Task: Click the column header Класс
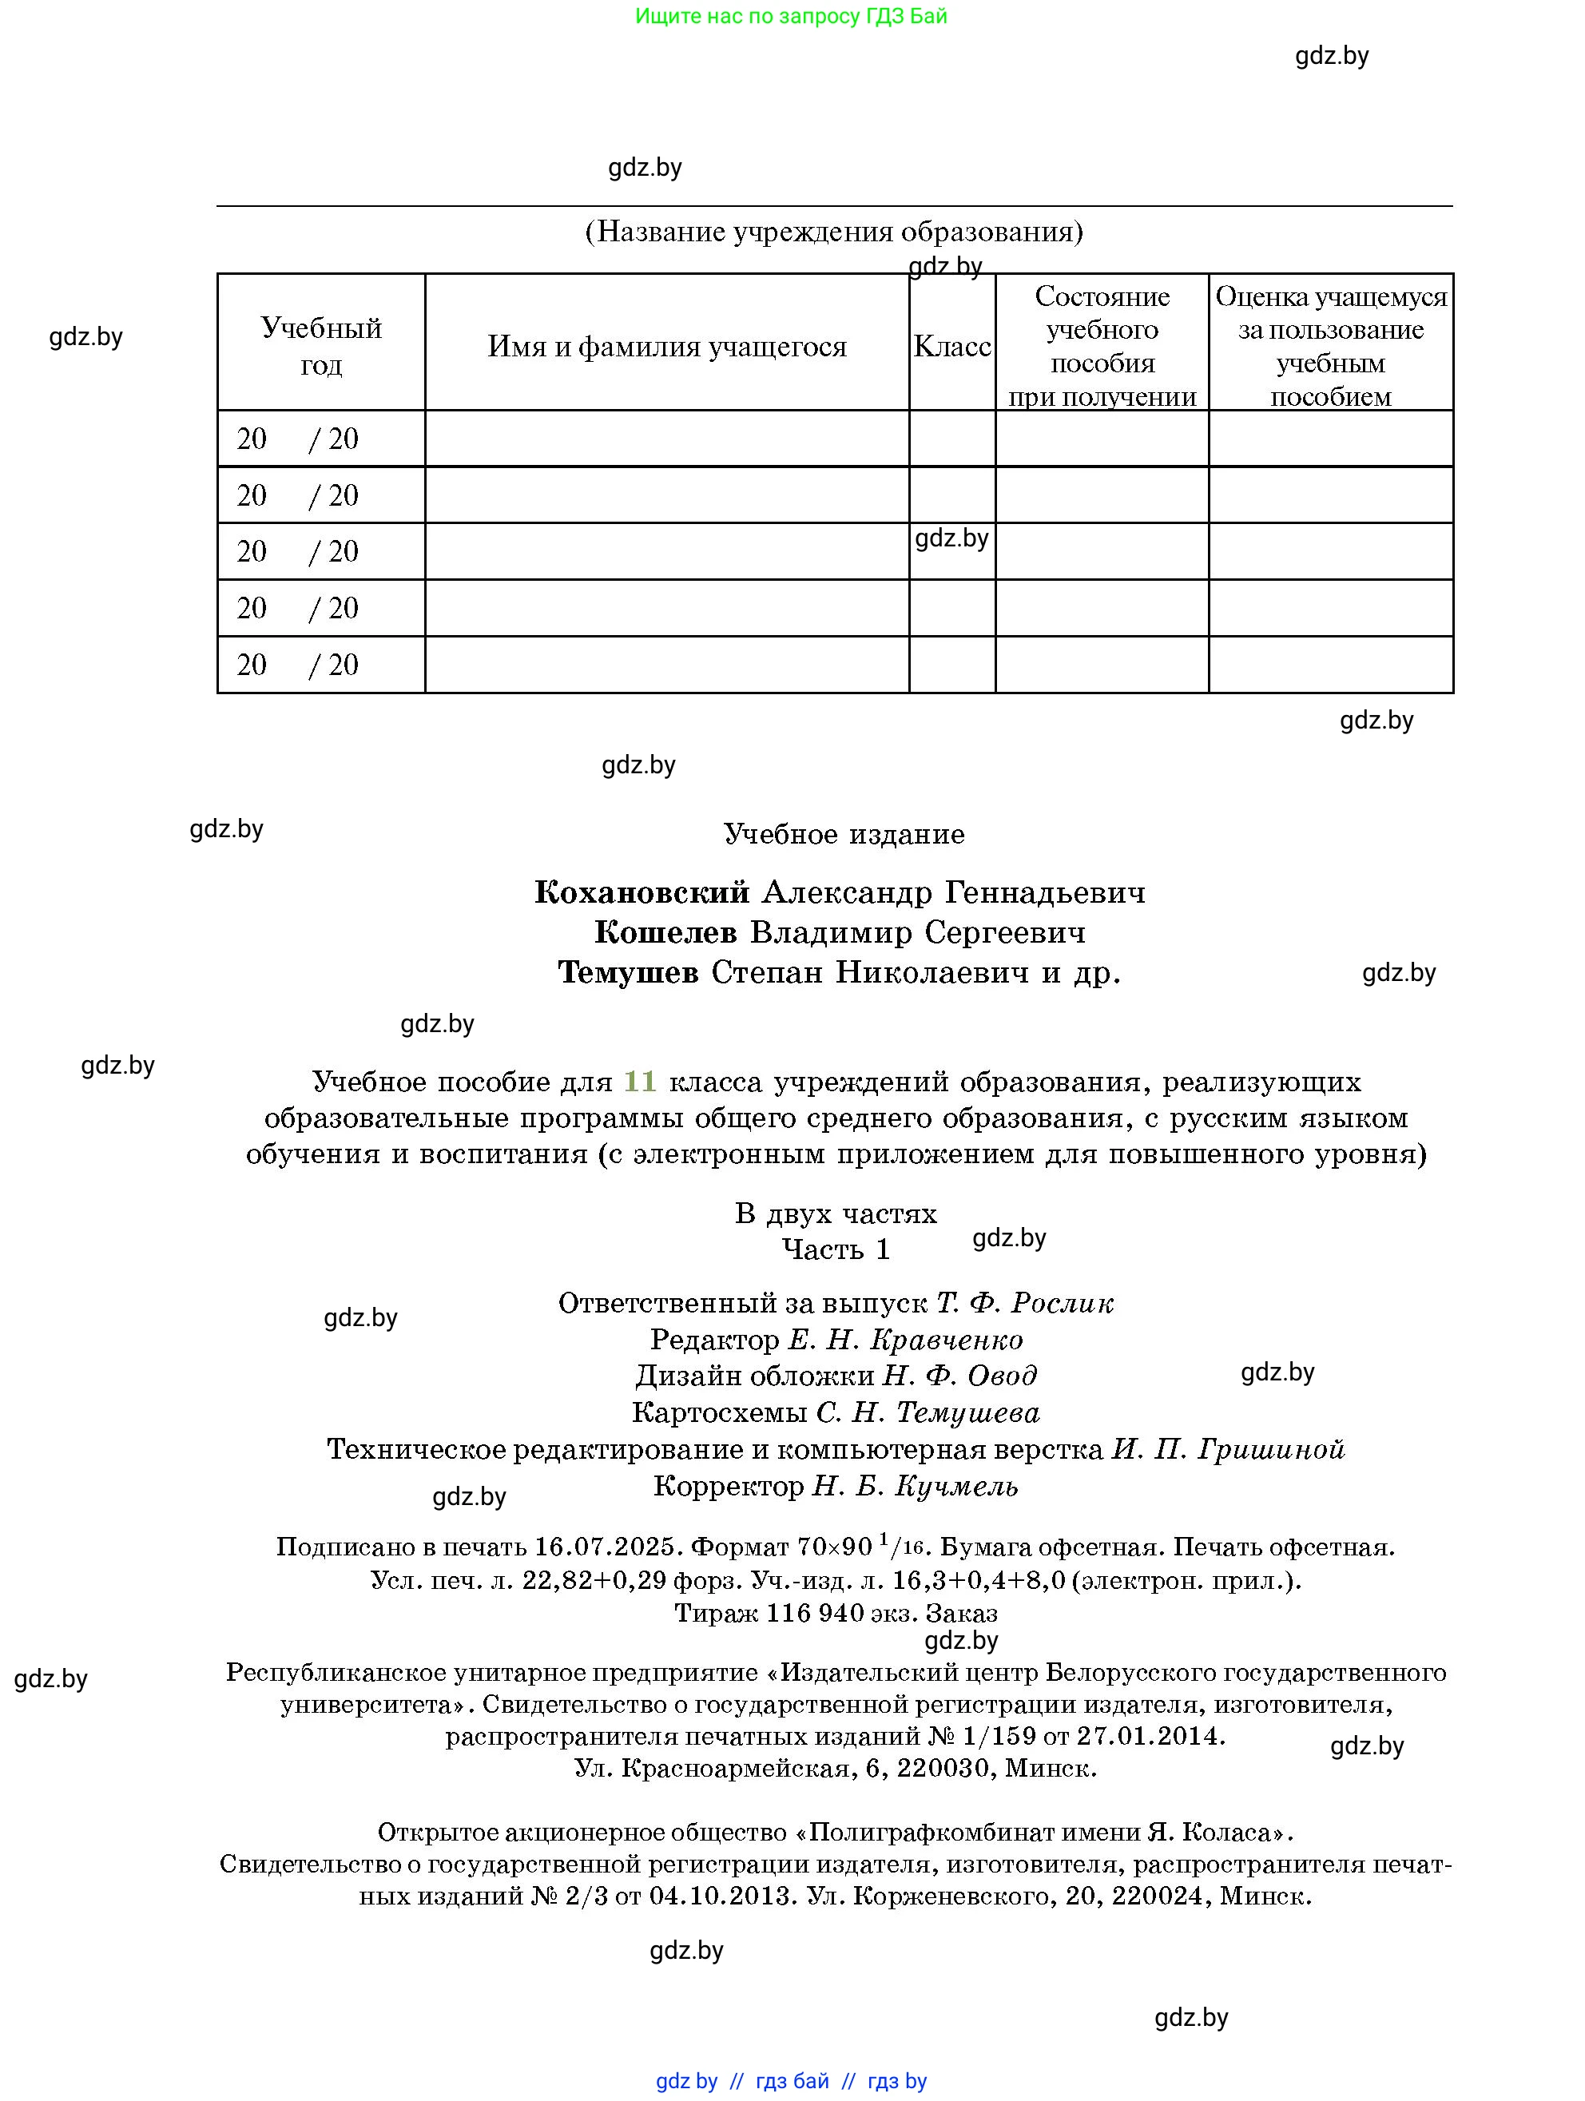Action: [951, 347]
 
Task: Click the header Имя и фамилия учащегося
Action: [666, 347]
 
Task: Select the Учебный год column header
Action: [321, 347]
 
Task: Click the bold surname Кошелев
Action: [665, 933]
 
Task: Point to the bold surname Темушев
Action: [628, 973]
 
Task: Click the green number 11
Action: [640, 1081]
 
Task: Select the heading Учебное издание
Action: [844, 834]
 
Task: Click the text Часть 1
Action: [836, 1249]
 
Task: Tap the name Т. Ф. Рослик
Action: [1025, 1303]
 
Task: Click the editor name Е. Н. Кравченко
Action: [905, 1340]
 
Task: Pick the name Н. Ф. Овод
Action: [960, 1376]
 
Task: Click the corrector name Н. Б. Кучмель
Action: [915, 1486]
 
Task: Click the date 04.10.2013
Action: [721, 1896]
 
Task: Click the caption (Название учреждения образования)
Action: [834, 232]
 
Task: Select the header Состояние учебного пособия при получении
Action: [1102, 347]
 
